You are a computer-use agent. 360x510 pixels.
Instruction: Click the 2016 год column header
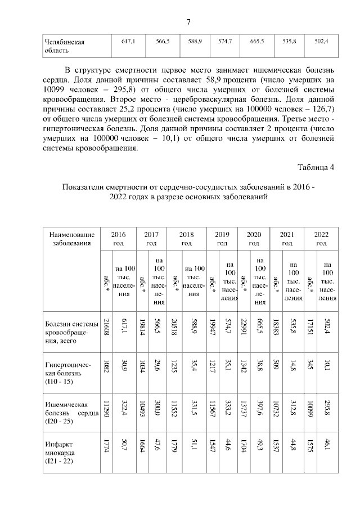click(x=119, y=238)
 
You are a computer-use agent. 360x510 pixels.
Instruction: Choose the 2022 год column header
click(x=321, y=238)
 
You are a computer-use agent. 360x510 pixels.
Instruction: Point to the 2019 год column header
click(x=222, y=238)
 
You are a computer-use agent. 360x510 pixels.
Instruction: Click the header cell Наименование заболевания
click(x=71, y=238)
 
